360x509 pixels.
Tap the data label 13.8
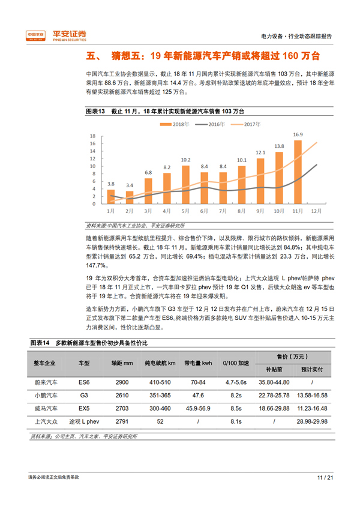click(x=279, y=146)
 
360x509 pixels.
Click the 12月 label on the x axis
click(x=316, y=211)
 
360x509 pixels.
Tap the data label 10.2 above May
click(x=185, y=160)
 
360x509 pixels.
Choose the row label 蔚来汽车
click(x=46, y=382)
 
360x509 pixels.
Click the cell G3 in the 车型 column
click(x=83, y=396)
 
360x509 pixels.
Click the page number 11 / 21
click(x=325, y=478)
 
